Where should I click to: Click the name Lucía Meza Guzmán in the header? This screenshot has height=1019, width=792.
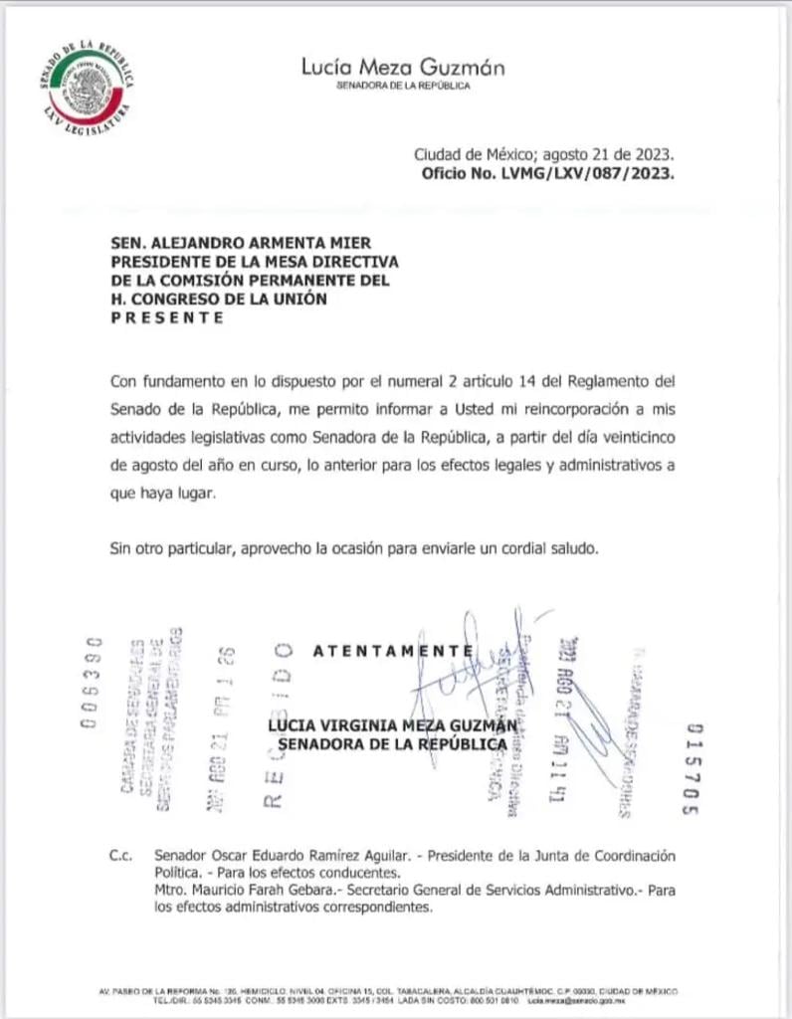[402, 68]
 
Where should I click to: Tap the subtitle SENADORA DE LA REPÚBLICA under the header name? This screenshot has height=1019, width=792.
[403, 87]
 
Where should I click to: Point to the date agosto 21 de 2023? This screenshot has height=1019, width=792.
[611, 154]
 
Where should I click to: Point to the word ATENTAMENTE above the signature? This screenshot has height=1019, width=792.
[392, 651]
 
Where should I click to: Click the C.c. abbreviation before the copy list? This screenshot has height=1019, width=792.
[121, 857]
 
